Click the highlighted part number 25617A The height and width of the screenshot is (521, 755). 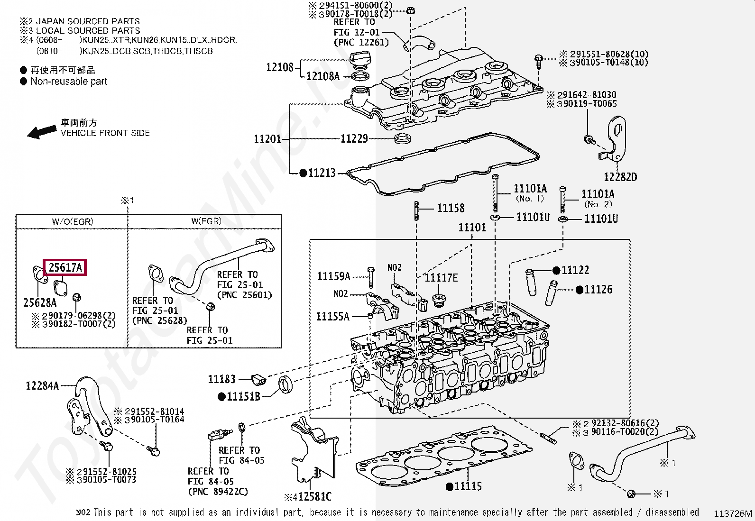click(65, 267)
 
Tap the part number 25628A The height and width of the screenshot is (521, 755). click(39, 302)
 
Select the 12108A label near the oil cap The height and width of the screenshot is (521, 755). click(322, 76)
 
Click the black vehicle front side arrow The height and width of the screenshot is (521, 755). click(42, 132)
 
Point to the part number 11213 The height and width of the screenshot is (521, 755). click(322, 173)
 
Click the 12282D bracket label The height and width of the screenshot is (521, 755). click(620, 177)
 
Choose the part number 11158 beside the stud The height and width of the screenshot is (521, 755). click(450, 208)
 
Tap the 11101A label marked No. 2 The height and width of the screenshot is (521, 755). click(598, 194)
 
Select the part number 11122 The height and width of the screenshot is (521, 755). click(575, 270)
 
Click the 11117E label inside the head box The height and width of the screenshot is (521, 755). click(441, 278)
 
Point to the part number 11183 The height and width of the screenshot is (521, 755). click(221, 379)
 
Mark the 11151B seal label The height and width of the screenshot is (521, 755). click(243, 396)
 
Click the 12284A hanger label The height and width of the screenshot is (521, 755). click(42, 386)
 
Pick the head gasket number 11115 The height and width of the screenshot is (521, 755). click(468, 486)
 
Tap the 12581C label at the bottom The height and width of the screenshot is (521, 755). click(311, 497)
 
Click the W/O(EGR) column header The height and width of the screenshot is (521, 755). click(73, 221)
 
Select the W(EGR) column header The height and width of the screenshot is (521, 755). click(206, 221)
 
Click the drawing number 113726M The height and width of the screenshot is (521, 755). click(733, 513)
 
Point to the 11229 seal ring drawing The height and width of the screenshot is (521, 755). click(403, 139)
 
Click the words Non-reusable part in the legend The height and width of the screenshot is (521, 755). click(69, 82)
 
